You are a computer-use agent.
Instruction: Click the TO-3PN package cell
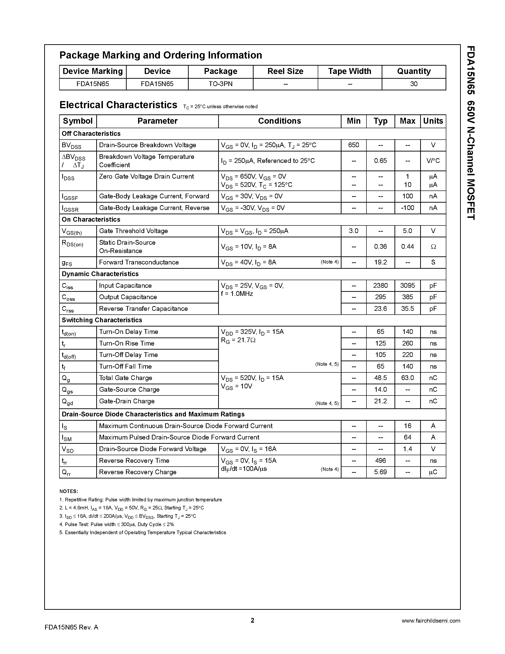[221, 84]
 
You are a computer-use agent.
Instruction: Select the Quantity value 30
[414, 84]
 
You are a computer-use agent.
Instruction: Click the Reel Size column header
[285, 71]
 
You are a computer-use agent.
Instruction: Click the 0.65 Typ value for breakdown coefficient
[380, 161]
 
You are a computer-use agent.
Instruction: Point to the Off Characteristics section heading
[91, 134]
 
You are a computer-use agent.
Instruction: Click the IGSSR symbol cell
[70, 208]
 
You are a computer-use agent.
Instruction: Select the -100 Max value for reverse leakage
[407, 208]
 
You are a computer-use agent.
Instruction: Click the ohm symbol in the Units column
[433, 247]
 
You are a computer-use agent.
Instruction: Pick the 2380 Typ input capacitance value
[380, 285]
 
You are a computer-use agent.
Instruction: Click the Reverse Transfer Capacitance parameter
[143, 309]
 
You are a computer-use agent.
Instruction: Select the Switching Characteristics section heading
[102, 320]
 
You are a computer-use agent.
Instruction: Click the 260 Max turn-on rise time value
[407, 343]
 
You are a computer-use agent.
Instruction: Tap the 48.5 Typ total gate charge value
[380, 378]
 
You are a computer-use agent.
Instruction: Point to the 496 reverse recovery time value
[380, 461]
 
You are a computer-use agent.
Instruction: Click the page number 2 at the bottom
[252, 620]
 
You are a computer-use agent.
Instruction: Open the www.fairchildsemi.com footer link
[431, 621]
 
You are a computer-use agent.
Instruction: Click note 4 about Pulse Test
[117, 524]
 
